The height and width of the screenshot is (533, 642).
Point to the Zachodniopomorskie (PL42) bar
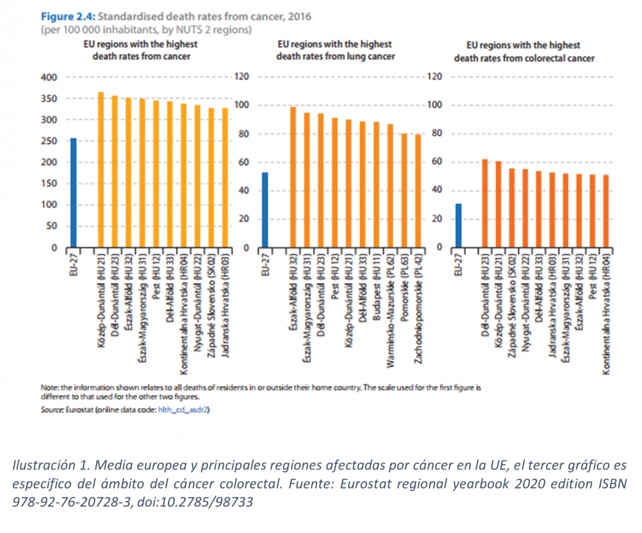coord(418,191)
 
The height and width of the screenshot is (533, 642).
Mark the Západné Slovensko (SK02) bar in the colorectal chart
coord(512,208)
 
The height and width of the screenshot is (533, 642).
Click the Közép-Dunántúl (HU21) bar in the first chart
coord(100,170)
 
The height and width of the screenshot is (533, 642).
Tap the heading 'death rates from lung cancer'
coord(335,57)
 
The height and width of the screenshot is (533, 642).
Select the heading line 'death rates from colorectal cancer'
coord(524,58)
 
